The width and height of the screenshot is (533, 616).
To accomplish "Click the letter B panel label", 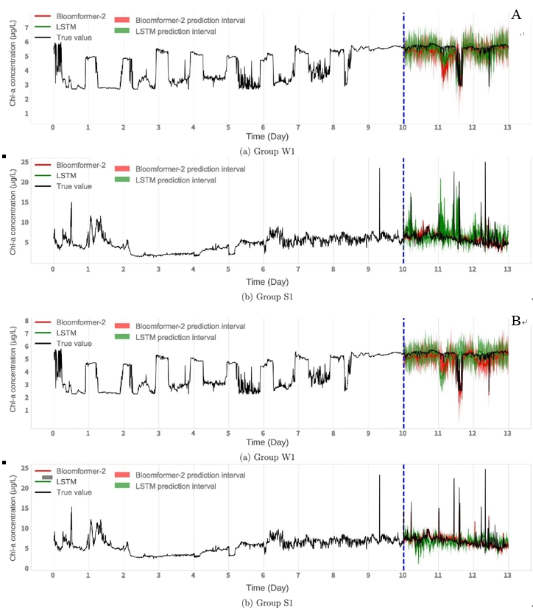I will coord(516,321).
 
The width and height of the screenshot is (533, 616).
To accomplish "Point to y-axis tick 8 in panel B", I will coord(27,321).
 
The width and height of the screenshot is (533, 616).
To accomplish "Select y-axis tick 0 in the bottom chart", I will coord(27,568).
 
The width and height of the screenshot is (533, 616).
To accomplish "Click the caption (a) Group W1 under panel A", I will coord(269,151).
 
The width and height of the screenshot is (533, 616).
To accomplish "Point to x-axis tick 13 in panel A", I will coord(507,127).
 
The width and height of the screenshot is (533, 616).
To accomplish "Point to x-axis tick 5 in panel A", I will coord(227,127).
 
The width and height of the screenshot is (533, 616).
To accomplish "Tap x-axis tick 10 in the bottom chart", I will coord(403,578).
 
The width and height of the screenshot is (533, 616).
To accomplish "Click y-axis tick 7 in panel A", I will coord(27,27).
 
